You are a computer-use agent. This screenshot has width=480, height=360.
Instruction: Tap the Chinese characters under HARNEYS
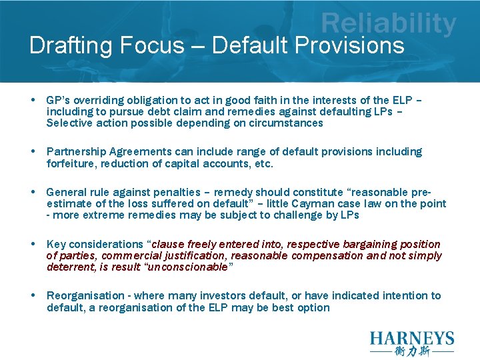pos(411,351)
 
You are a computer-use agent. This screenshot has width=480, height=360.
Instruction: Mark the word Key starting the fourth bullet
pos(56,244)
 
